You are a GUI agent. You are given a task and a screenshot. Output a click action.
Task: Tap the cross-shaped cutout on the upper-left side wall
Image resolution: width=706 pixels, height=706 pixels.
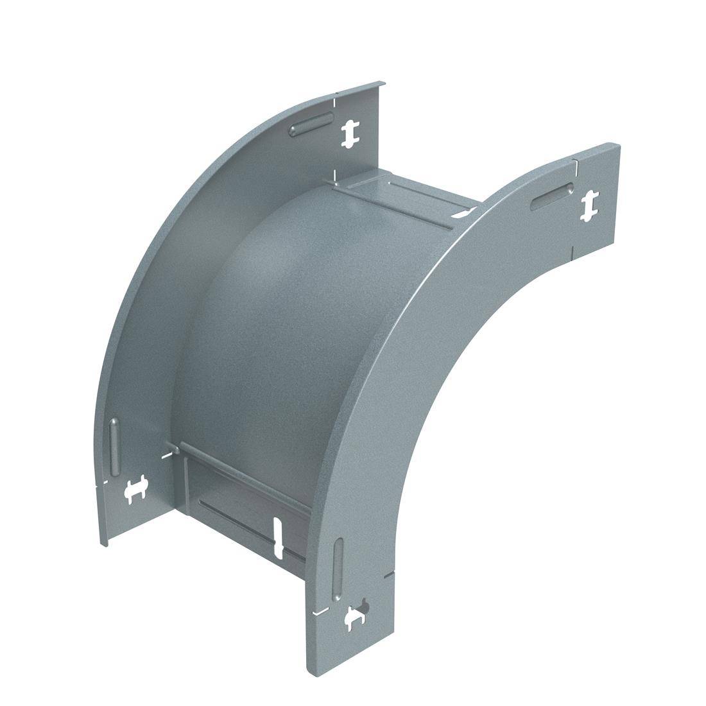coord(350,133)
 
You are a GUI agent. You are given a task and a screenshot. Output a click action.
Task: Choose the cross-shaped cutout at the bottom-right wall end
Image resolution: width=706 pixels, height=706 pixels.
coord(356,617)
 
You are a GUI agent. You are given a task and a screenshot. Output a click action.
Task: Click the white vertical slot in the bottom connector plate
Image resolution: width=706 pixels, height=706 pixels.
coord(278,536)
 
